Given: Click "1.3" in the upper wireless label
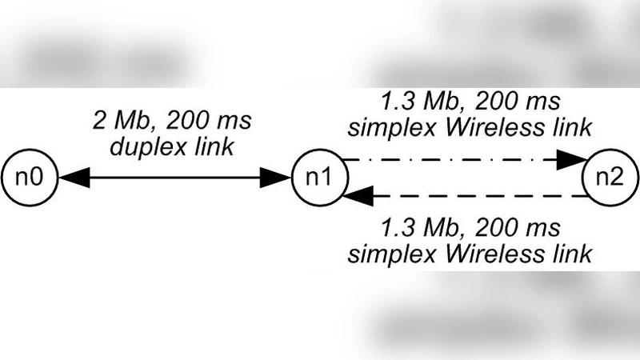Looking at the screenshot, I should click(x=397, y=102).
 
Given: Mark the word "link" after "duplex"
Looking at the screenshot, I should click(x=214, y=147).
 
